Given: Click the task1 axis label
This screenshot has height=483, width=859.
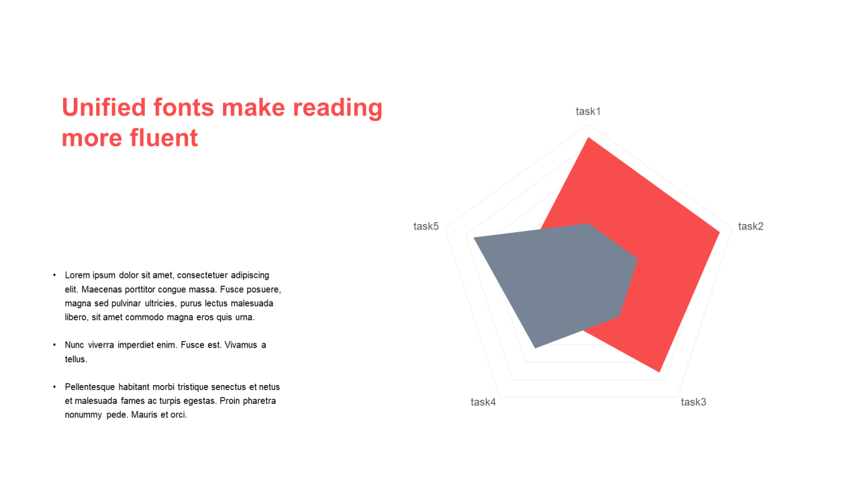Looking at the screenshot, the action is (588, 111).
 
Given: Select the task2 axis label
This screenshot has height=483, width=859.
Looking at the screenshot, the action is (750, 227).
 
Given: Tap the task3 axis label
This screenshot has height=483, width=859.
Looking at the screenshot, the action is (693, 402).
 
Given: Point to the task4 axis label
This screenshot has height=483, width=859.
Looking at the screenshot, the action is (483, 402).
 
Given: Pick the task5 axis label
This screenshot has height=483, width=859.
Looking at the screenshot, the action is (425, 227).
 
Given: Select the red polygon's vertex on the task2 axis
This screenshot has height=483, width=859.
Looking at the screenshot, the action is (720, 232).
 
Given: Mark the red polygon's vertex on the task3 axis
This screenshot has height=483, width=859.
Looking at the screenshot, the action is (660, 372).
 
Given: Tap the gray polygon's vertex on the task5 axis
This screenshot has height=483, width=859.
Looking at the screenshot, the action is (474, 238).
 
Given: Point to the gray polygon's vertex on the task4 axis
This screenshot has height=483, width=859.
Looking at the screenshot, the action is (536, 347).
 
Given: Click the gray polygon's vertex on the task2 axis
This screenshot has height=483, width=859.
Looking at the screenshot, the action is (638, 259).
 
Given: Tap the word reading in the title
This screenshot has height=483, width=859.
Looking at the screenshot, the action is (338, 109).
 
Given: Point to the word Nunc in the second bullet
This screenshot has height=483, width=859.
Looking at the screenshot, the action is (74, 345).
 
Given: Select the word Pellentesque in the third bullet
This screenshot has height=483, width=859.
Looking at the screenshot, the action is (90, 387).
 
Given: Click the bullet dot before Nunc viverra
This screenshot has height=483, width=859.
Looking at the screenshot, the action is (54, 345).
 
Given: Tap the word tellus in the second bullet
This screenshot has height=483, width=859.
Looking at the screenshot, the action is (76, 359).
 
